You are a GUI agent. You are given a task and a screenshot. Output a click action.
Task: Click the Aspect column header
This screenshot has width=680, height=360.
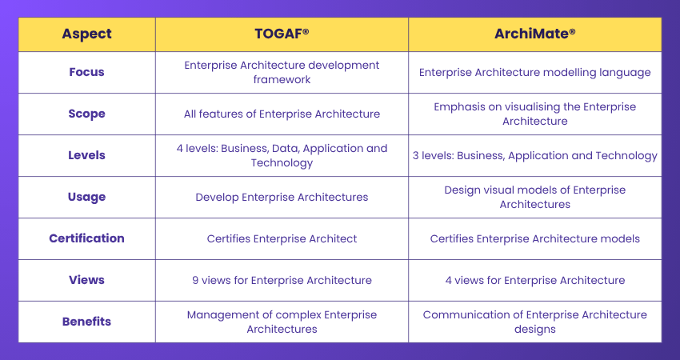pyautogui.click(x=86, y=34)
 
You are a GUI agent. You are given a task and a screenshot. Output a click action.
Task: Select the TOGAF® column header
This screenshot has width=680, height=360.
pyautogui.click(x=282, y=34)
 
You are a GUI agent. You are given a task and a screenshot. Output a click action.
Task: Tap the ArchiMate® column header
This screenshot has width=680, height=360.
pyautogui.click(x=534, y=34)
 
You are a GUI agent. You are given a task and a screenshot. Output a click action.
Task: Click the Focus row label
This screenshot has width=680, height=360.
pyautogui.click(x=86, y=72)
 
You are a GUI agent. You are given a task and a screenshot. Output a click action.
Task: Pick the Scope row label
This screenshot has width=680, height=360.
pyautogui.click(x=86, y=114)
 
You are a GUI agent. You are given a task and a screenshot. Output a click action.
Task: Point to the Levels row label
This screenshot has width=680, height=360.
pyautogui.click(x=86, y=155)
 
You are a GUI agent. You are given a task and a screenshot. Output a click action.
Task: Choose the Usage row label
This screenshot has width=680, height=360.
pyautogui.click(x=86, y=197)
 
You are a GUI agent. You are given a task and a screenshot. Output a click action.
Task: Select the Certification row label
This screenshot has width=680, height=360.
pyautogui.click(x=86, y=238)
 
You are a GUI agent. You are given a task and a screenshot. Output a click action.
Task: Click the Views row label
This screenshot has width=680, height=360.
pyautogui.click(x=86, y=280)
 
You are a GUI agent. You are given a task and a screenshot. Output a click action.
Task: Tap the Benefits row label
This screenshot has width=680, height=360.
pyautogui.click(x=86, y=322)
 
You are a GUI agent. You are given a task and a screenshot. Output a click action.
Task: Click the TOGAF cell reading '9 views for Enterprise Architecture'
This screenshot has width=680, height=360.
pyautogui.click(x=282, y=280)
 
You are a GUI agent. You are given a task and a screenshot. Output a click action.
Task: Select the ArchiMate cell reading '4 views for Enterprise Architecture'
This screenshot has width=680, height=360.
pyautogui.click(x=534, y=280)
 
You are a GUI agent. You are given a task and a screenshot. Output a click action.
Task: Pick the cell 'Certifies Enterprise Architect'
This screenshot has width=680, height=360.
pyautogui.click(x=282, y=238)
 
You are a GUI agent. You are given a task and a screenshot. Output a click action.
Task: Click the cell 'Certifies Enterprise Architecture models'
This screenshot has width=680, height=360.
pyautogui.click(x=534, y=238)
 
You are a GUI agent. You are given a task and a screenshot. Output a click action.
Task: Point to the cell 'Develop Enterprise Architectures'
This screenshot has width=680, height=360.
pyautogui.click(x=282, y=197)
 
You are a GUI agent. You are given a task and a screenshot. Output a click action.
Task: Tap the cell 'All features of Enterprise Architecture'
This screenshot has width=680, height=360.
pyautogui.click(x=282, y=114)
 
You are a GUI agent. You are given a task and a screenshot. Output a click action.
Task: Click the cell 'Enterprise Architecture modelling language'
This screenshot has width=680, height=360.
pyautogui.click(x=534, y=72)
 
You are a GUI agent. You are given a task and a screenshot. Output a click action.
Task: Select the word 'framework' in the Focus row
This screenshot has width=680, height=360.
pyautogui.click(x=282, y=80)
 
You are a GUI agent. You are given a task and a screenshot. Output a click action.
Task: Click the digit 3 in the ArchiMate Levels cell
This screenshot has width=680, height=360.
pyautogui.click(x=416, y=155)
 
